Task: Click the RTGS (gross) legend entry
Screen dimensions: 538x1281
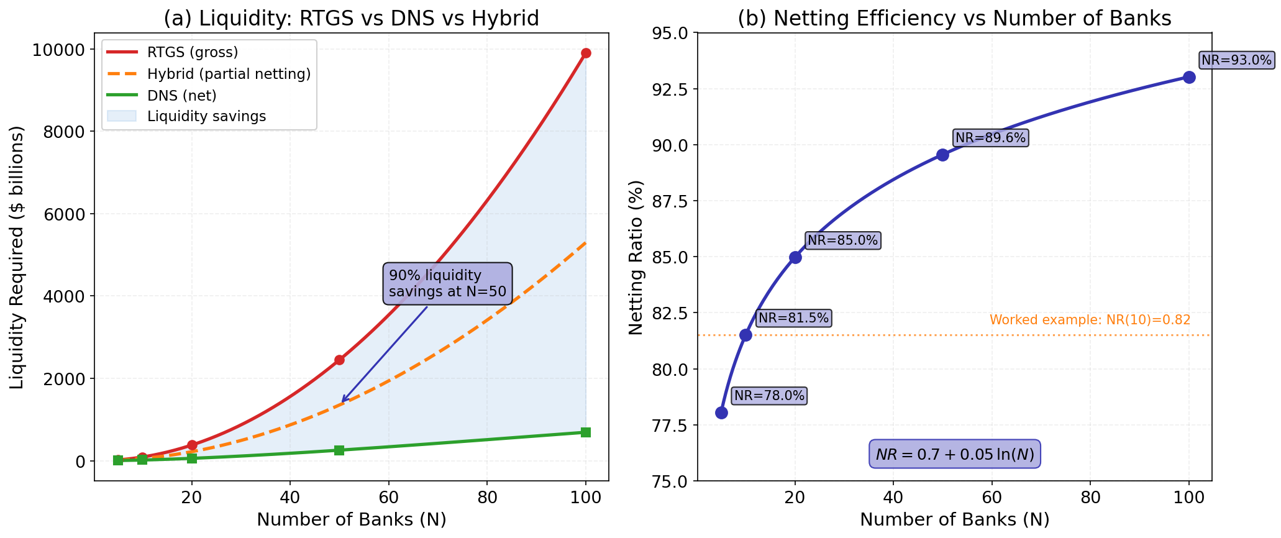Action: coord(193,52)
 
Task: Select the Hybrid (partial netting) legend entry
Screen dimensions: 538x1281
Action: coord(229,74)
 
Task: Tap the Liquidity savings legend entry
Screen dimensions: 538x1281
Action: coord(206,116)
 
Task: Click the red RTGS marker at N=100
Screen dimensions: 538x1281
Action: coord(585,53)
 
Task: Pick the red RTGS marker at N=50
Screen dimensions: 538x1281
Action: coord(339,360)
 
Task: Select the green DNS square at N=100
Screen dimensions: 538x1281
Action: coord(585,432)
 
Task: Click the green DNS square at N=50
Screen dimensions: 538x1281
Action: coord(339,450)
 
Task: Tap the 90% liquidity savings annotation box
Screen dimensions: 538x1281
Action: coord(447,284)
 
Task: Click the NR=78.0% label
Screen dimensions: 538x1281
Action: coord(769,396)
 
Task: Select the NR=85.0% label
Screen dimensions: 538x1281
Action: coord(842,240)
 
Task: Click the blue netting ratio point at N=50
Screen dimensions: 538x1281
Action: coord(942,155)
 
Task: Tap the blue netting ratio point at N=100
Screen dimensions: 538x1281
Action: coord(1189,77)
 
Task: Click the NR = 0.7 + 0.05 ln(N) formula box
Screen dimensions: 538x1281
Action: coord(954,455)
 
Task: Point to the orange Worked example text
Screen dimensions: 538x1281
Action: coord(1090,320)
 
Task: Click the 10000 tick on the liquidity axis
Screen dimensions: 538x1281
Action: coord(58,50)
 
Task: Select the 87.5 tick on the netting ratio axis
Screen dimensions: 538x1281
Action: coord(668,201)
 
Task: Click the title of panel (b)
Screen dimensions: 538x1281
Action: coord(954,19)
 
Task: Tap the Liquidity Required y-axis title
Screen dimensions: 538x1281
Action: coord(17,257)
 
